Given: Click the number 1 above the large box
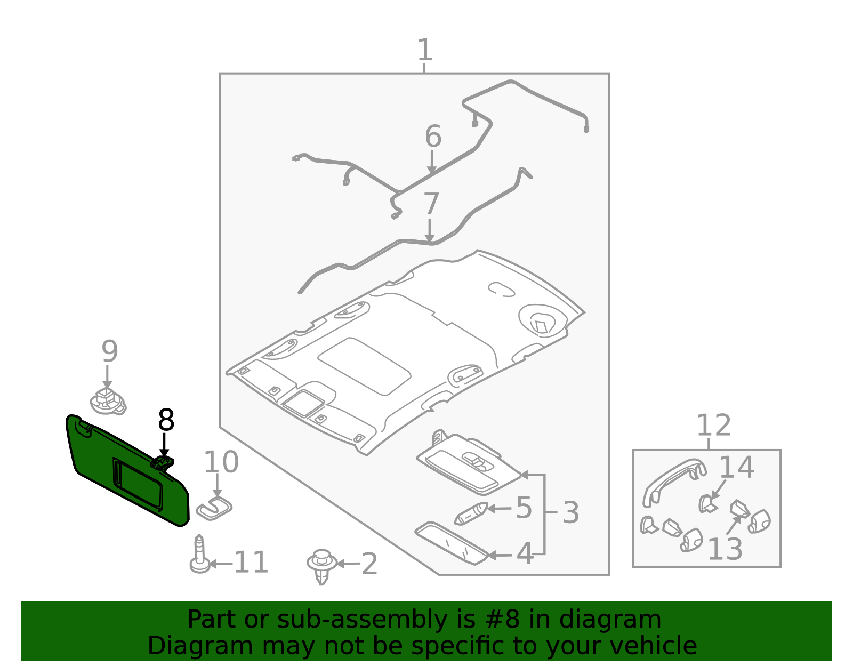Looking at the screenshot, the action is (x=424, y=51).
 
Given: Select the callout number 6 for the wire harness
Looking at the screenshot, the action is (x=433, y=137).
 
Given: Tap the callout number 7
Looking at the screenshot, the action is (x=431, y=205).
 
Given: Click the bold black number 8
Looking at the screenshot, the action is (x=166, y=420).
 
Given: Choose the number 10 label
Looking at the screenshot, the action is (x=221, y=462).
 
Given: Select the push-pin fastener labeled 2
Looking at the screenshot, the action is (x=321, y=566).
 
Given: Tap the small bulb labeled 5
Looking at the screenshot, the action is (x=470, y=513).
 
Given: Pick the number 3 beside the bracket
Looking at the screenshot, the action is (x=570, y=512).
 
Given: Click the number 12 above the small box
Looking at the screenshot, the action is (x=713, y=426).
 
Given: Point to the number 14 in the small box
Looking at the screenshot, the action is (x=736, y=468).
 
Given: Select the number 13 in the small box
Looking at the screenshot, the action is (x=725, y=549).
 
